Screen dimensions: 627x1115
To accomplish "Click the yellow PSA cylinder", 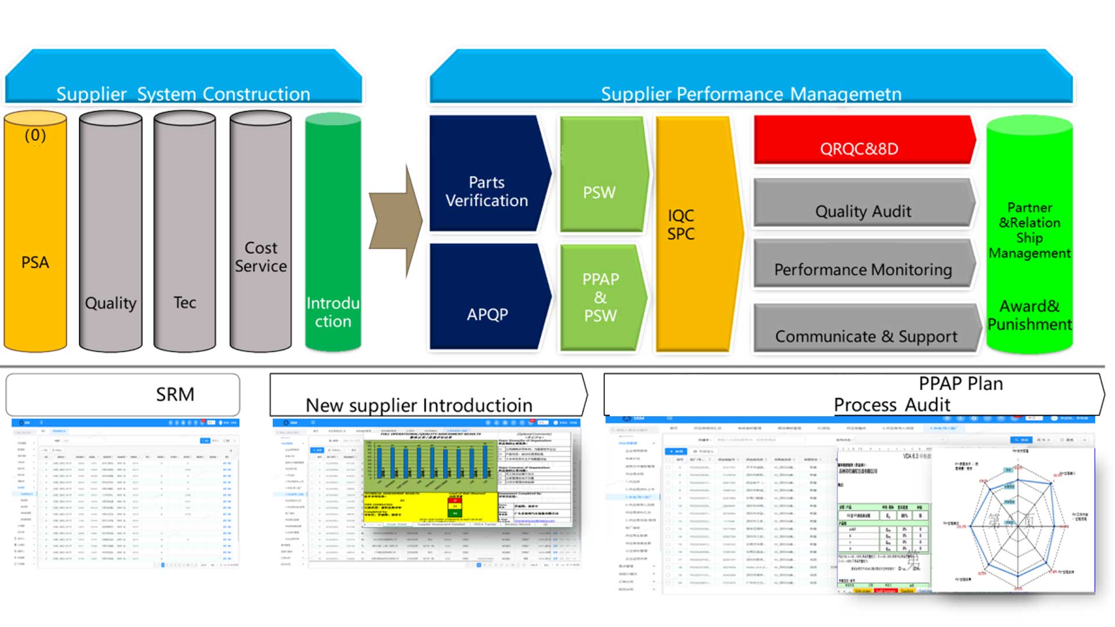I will [35, 232].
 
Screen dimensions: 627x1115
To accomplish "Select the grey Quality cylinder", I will [110, 232].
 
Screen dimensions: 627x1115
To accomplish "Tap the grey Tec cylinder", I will [185, 232].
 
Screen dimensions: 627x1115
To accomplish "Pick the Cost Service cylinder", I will [261, 232].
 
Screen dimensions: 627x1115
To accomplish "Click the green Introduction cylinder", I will [333, 232].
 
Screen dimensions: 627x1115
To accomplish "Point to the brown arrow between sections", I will [396, 221].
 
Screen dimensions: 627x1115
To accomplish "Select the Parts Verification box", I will [487, 174].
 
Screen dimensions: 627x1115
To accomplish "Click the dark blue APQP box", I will [487, 297].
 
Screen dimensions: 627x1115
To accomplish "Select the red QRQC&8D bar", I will [862, 140].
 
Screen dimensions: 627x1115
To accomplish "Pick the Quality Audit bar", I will [862, 203].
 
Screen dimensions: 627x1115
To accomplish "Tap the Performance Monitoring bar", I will [862, 264].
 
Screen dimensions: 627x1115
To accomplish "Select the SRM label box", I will [123, 394].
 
